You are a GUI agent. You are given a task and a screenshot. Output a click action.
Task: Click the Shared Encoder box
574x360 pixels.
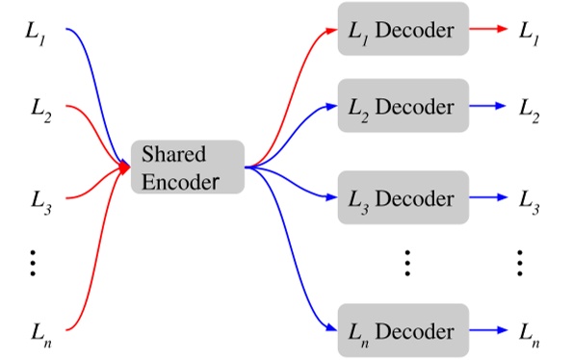(x=188, y=167)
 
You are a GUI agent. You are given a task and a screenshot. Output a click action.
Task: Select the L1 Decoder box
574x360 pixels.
(x=402, y=31)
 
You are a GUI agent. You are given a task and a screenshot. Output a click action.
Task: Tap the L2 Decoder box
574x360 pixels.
(x=402, y=105)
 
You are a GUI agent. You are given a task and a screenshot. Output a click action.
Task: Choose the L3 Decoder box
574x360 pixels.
(x=402, y=199)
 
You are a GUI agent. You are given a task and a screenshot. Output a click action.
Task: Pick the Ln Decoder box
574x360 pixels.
(x=402, y=331)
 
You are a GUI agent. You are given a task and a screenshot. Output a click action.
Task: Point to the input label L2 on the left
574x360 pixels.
(x=39, y=110)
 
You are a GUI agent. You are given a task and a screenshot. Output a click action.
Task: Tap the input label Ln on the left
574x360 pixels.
(x=39, y=332)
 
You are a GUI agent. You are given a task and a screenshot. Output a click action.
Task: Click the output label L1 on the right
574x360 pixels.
(x=531, y=31)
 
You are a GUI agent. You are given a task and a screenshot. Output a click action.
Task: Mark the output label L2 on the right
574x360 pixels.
(x=531, y=106)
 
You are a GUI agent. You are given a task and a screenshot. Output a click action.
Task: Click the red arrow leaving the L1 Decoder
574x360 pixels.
(x=487, y=31)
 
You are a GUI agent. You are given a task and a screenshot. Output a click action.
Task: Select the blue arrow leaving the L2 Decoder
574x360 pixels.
(x=487, y=105)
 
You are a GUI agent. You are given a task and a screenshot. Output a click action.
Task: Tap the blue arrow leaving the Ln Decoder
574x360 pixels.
(x=487, y=331)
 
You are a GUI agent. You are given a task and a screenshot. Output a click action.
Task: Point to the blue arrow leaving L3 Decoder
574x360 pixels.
(x=487, y=199)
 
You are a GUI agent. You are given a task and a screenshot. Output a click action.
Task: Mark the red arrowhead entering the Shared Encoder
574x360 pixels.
(x=125, y=167)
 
